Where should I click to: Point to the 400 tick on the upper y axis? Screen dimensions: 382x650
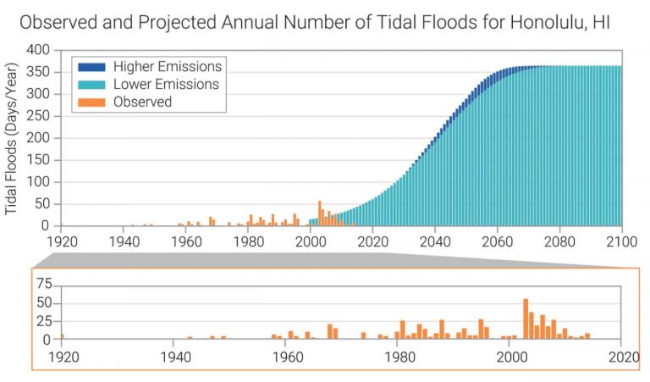40,49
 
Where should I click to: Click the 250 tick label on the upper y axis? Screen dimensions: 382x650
40,115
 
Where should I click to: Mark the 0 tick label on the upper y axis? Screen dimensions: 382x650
48,225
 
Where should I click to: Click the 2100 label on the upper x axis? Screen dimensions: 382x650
620,241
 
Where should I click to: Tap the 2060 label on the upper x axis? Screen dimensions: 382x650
497,241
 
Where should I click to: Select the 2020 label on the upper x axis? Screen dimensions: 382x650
372,241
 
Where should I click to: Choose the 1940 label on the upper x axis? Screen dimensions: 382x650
123,241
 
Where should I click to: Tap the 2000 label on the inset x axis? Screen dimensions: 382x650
511,356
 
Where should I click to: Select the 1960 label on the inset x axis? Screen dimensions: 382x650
286,356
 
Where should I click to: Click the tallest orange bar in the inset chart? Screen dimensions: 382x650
526,319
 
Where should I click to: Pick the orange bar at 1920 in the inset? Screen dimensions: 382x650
62,336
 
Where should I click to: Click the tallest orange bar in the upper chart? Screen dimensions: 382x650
319,213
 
